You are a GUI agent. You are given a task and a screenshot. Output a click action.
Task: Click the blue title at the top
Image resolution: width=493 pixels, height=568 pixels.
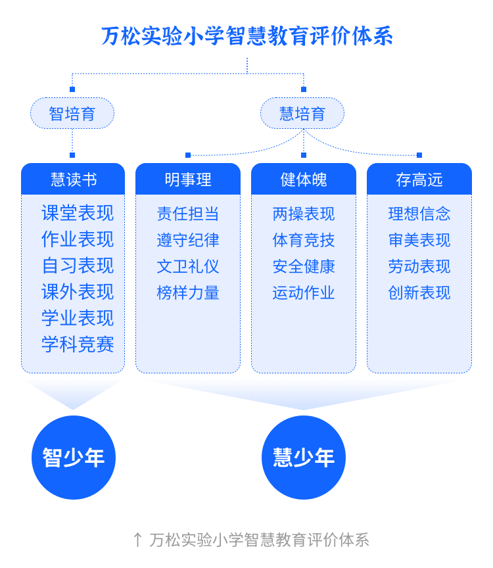pyautogui.click(x=247, y=37)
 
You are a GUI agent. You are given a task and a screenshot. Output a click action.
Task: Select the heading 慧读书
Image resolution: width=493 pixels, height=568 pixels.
pyautogui.click(x=74, y=179)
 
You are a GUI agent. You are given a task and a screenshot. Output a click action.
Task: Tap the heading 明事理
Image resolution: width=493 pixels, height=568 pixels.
pyautogui.click(x=188, y=179)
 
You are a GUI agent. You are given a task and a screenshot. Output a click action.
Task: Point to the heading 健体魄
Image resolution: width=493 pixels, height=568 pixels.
pyautogui.click(x=304, y=179)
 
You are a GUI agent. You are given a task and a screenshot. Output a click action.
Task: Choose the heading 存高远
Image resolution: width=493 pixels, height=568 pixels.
pyautogui.click(x=419, y=179)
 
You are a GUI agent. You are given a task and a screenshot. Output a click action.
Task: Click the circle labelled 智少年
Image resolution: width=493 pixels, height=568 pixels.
pyautogui.click(x=74, y=458)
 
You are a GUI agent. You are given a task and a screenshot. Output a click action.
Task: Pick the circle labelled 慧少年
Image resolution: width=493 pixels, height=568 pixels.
pyautogui.click(x=304, y=458)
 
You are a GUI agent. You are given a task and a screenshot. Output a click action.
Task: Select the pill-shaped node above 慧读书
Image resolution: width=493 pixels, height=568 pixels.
pyautogui.click(x=72, y=113)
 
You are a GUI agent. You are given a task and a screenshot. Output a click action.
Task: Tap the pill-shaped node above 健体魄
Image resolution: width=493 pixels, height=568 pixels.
pyautogui.click(x=302, y=113)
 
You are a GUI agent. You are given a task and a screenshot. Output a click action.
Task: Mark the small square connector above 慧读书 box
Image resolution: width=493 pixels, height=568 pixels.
pyautogui.click(x=72, y=155)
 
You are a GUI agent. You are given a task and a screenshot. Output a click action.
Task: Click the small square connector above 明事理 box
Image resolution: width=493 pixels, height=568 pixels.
pyautogui.click(x=188, y=155)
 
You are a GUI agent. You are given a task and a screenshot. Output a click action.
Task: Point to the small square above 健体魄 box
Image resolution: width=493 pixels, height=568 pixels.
pyautogui.click(x=303, y=155)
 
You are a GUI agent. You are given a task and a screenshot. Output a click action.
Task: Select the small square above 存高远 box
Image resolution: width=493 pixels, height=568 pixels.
pyautogui.click(x=419, y=155)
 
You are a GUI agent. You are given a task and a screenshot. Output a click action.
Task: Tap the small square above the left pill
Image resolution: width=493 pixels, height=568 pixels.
pyautogui.click(x=72, y=89)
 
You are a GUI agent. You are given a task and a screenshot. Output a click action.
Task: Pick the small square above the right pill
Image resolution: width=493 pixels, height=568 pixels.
pyautogui.click(x=303, y=89)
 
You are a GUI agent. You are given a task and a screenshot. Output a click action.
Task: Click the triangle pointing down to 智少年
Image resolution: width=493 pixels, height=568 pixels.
pyautogui.click(x=73, y=392)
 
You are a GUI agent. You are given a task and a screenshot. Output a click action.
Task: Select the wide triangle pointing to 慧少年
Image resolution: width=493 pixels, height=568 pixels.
pyautogui.click(x=304, y=392)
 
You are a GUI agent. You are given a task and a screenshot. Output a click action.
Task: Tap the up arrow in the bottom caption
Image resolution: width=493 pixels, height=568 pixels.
pyautogui.click(x=137, y=540)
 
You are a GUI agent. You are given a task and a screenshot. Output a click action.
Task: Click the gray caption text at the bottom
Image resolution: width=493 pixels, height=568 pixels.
pyautogui.click(x=259, y=540)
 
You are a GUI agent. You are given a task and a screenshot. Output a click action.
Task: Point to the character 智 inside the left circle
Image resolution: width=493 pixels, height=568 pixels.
pyautogui.click(x=53, y=458)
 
